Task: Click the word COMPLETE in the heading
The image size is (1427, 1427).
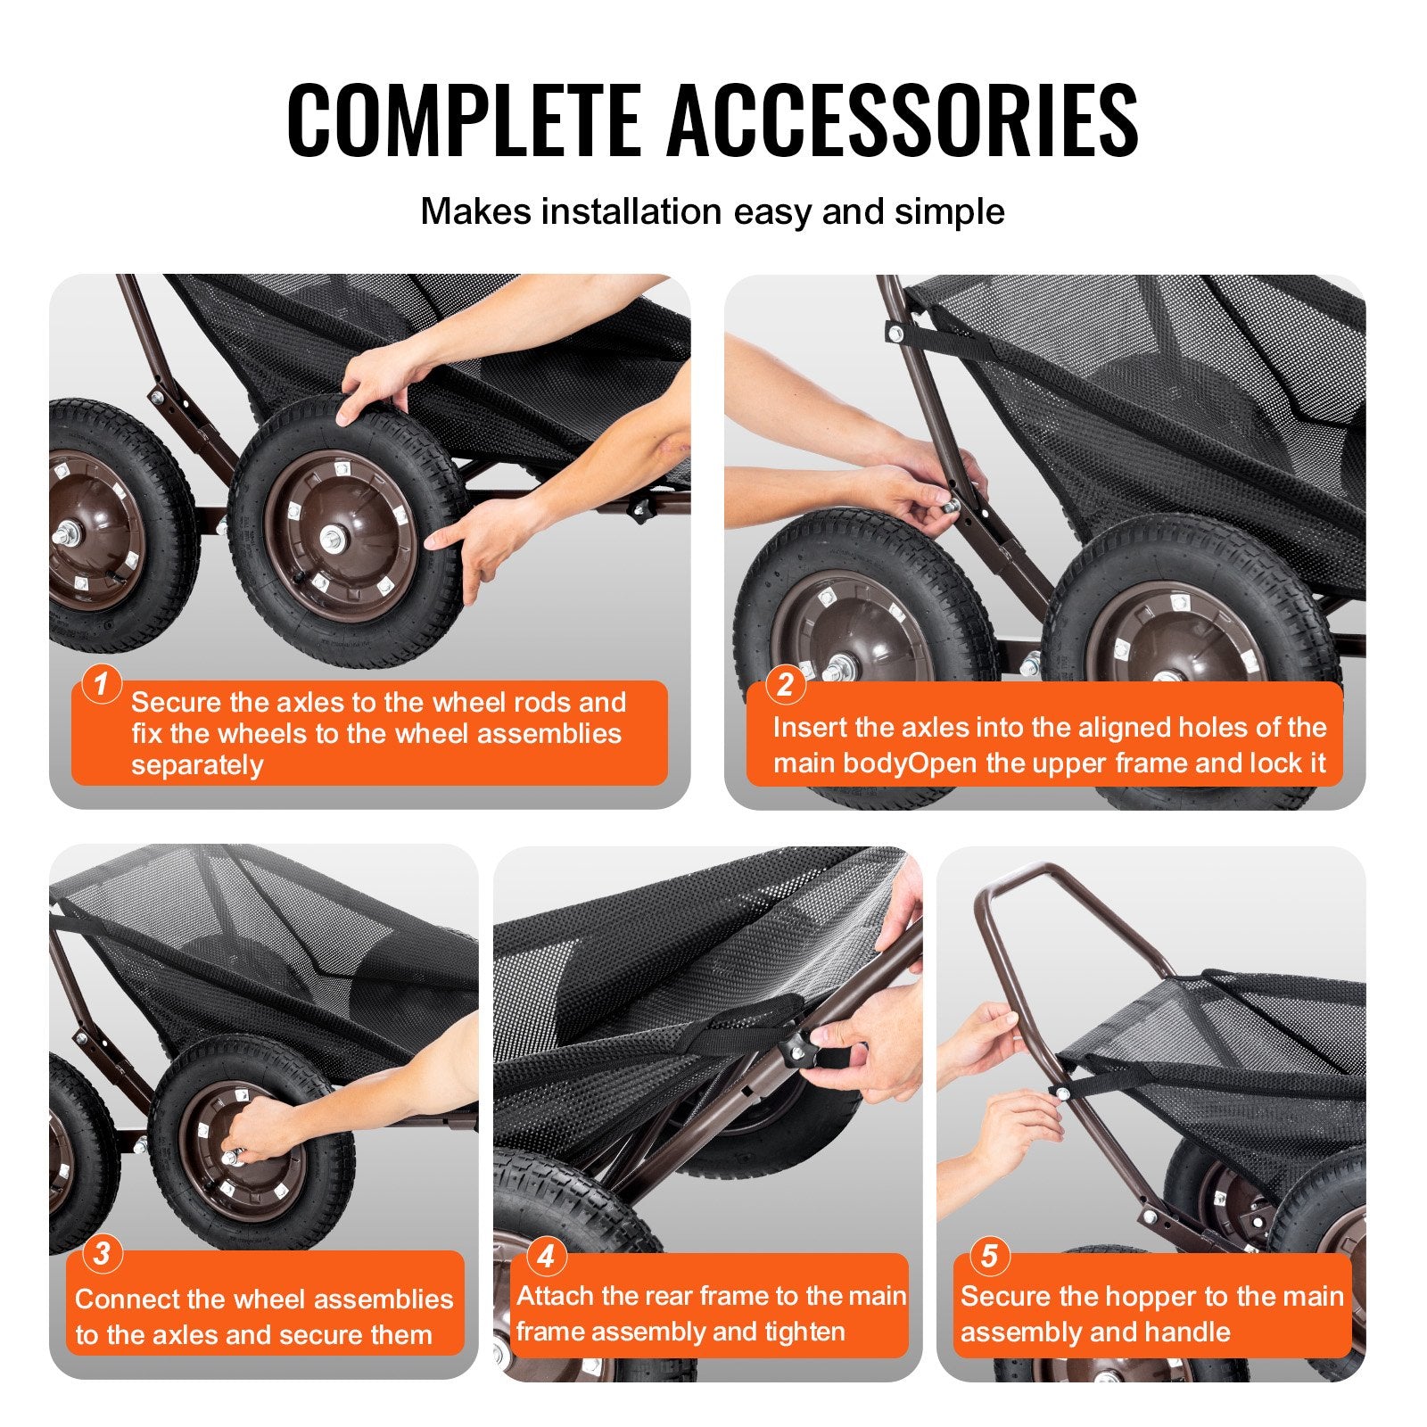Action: pos(464,120)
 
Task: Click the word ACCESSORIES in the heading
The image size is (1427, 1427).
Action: pos(903,120)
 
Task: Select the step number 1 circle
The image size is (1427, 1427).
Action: pos(101,684)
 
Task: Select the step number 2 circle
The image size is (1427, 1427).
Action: pos(785,684)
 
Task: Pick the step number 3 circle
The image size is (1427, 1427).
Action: pos(102,1253)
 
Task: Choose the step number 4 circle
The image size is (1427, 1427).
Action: pos(546,1256)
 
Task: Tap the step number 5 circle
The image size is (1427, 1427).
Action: pos(989,1256)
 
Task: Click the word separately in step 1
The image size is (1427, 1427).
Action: pos(197,766)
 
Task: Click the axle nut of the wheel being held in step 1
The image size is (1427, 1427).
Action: pos(334,538)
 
